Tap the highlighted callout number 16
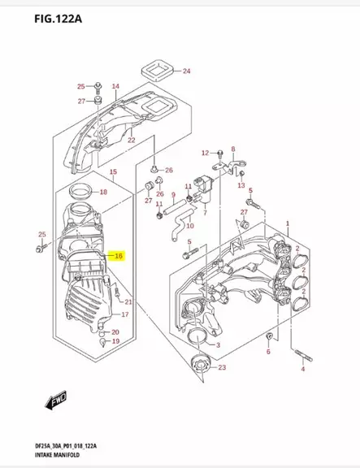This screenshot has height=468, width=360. (119, 256)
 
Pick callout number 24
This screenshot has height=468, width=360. (186, 71)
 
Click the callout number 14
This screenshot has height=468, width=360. (115, 86)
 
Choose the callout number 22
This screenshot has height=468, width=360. (131, 141)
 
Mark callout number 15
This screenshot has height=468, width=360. (113, 172)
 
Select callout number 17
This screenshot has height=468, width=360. (124, 314)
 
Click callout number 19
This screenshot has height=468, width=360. (115, 341)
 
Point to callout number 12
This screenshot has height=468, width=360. (205, 153)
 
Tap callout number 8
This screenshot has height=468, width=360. (232, 149)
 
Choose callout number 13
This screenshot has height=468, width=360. (241, 185)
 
